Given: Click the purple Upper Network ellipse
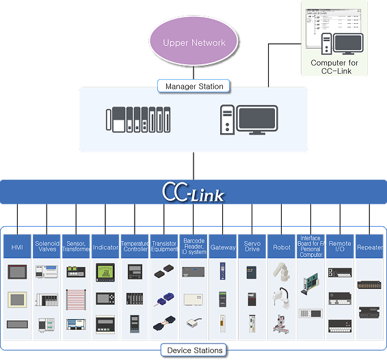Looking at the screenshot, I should click(194, 42).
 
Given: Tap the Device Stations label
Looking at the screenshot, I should click(195, 350).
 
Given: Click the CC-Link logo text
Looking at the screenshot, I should click(193, 193).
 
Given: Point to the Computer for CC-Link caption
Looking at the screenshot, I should click(334, 67).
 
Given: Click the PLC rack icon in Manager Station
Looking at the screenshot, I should click(137, 120).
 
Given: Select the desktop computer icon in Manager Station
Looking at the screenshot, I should click(249, 120).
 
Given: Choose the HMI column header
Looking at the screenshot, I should click(17, 247).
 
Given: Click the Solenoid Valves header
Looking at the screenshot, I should click(46, 247).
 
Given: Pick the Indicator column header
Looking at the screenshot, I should click(105, 247).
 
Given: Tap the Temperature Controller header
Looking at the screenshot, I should click(135, 247).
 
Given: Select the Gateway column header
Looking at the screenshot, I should click(223, 247).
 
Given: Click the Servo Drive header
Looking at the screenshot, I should click(252, 247).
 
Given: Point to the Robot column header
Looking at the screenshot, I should click(282, 247).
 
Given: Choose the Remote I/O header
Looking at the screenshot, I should click(340, 247).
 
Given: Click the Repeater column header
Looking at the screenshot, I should click(370, 247).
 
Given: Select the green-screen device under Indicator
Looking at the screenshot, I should click(105, 272).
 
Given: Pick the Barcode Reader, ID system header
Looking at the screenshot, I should click(193, 246).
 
